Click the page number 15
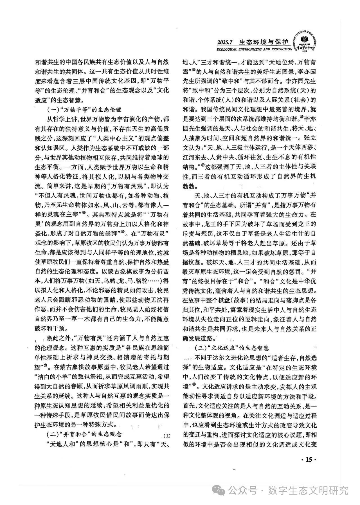click(309, 459)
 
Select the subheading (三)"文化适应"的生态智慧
click(232, 348)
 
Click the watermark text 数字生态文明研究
click(308, 483)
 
